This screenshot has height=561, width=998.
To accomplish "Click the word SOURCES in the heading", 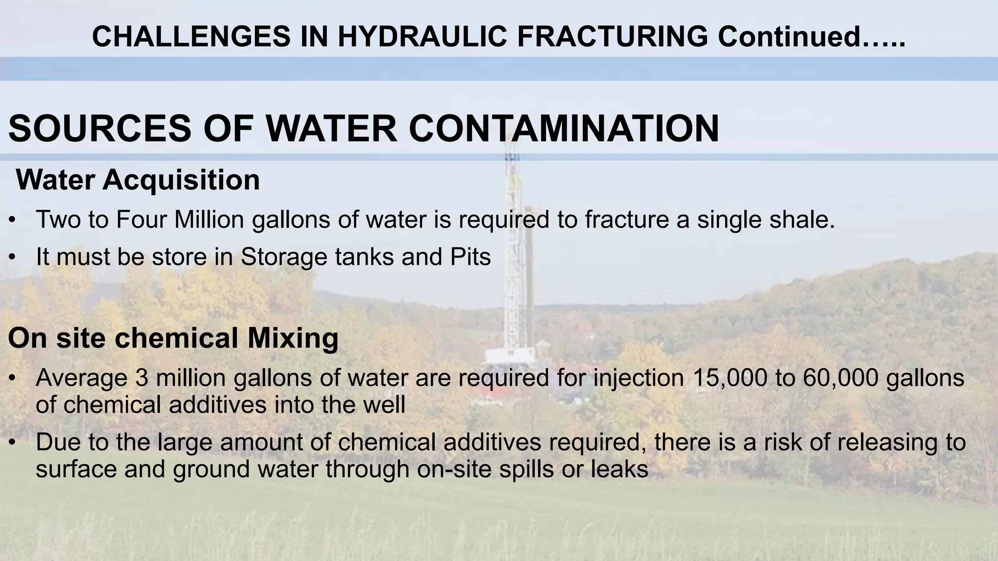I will (x=100, y=129).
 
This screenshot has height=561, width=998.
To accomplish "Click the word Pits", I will (x=470, y=257).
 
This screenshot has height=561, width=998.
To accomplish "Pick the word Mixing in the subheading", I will (x=293, y=338).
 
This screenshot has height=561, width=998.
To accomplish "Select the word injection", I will (x=638, y=378).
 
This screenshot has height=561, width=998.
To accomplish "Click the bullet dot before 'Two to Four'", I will (x=13, y=220).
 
